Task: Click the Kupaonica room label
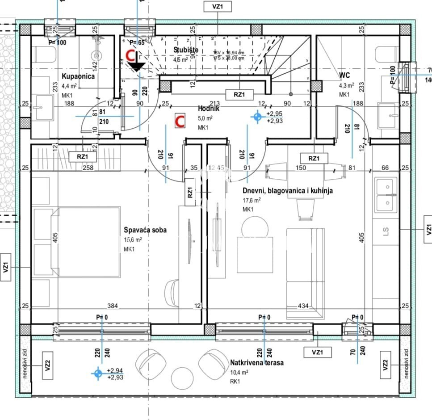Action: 77,76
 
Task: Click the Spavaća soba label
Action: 145,230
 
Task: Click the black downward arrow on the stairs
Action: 136,66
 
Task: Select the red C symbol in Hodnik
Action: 180,121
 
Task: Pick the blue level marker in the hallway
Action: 257,117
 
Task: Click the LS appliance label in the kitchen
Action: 386,231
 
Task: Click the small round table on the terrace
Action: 182,378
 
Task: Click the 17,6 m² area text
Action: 252,201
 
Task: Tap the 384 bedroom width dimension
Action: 113,306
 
